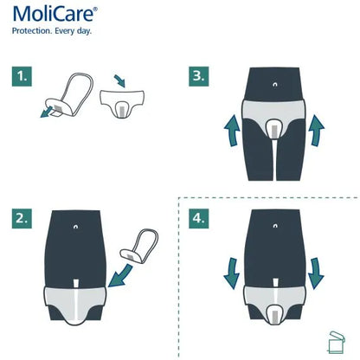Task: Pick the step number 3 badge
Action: tap(199, 75)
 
